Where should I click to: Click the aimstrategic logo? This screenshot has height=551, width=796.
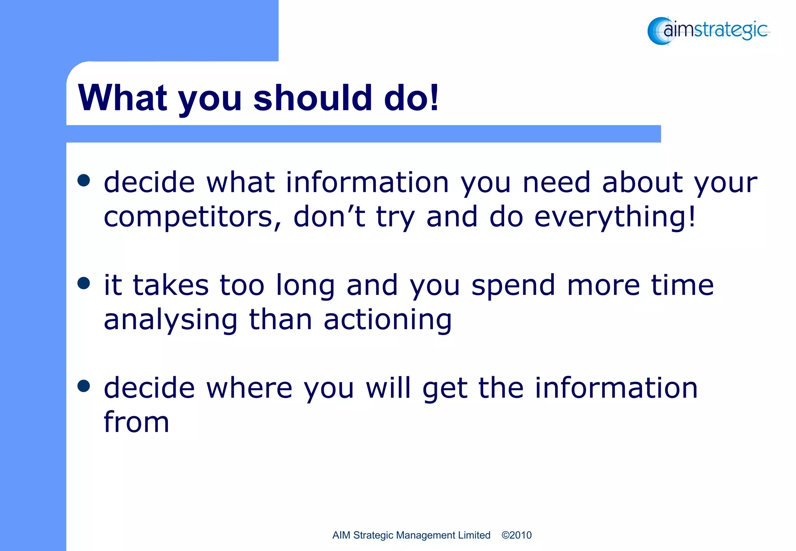coord(708,30)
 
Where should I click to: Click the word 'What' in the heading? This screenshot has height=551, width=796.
coord(122,98)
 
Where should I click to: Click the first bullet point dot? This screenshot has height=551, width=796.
coord(84,180)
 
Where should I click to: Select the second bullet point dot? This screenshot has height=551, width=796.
coord(84,283)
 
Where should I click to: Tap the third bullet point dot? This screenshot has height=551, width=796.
coord(84,386)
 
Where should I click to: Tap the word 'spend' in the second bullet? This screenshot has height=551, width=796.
coord(513,286)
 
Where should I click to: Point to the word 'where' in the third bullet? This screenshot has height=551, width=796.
coord(249,388)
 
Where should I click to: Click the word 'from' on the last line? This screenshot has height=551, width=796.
coord(136,422)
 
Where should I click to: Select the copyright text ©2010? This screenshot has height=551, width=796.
coord(516,535)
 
